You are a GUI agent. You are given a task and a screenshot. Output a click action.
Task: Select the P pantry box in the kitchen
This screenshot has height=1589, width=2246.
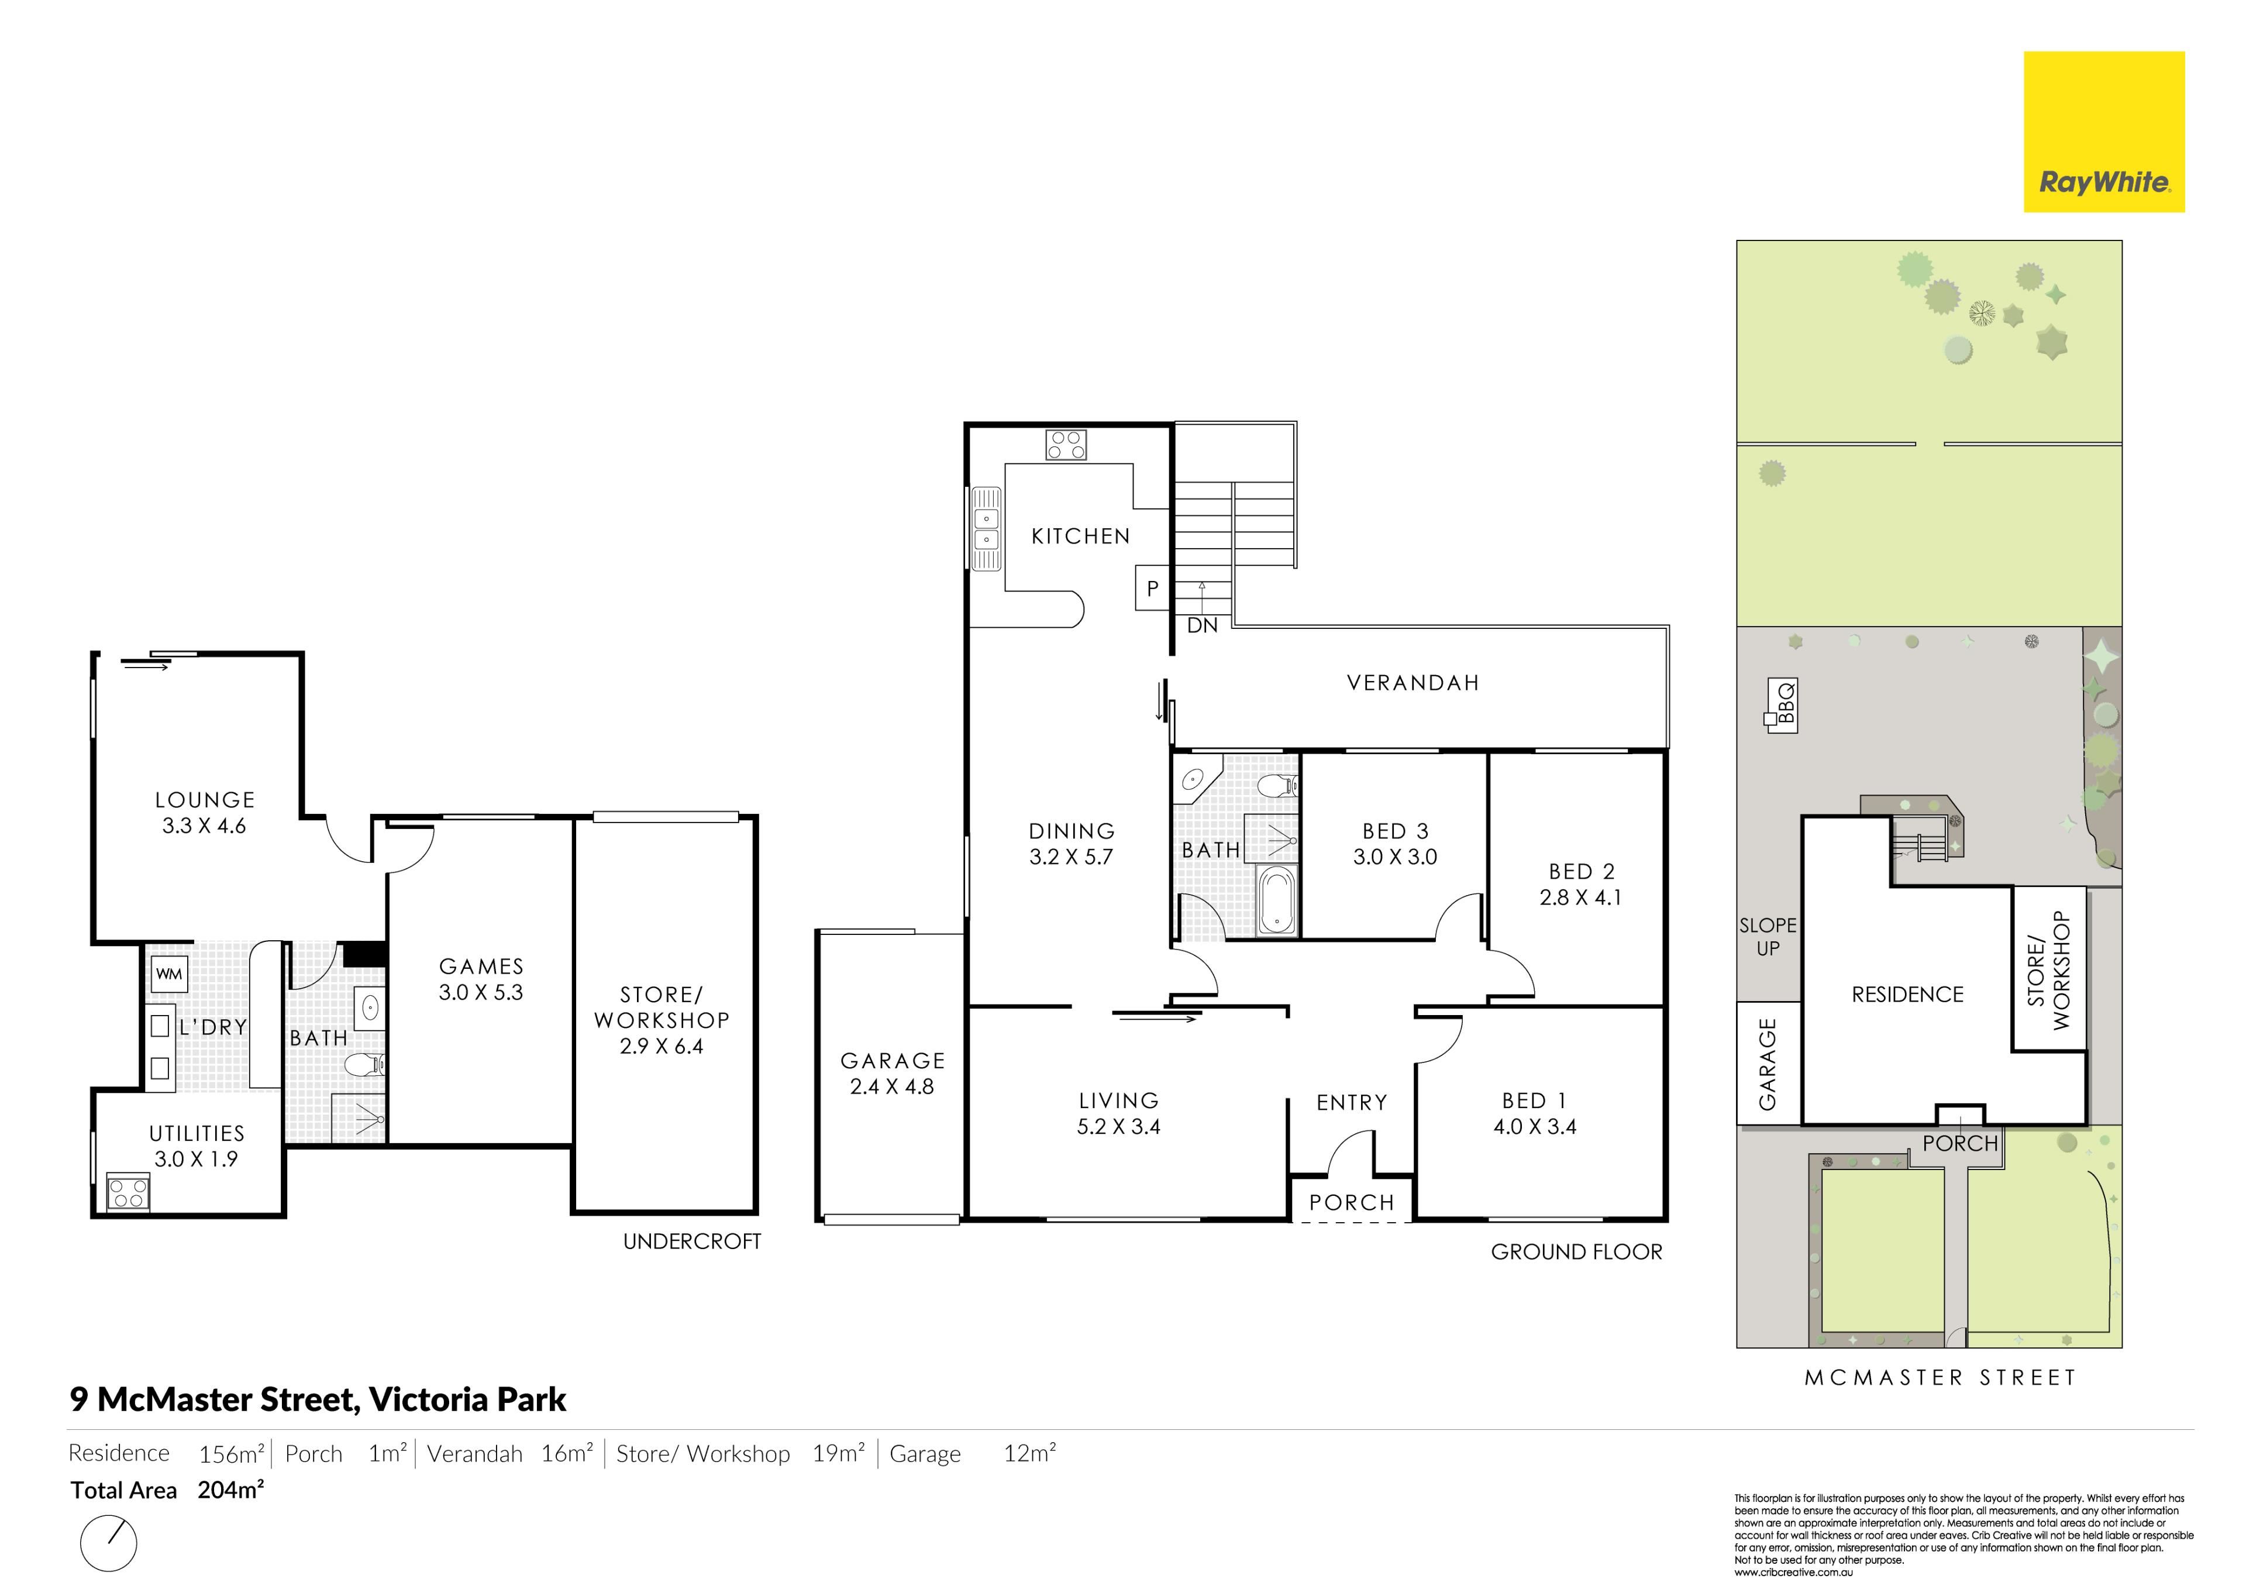pos(1152,588)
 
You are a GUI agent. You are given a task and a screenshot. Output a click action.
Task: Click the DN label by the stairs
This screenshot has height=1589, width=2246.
pos(1202,626)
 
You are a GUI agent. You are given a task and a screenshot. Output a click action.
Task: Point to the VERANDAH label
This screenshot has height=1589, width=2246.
pos(1413,683)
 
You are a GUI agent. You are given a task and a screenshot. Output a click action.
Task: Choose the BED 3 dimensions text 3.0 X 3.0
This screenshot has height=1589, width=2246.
pos(1395,857)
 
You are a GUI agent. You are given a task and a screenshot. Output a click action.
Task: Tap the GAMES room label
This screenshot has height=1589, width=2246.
pos(481,967)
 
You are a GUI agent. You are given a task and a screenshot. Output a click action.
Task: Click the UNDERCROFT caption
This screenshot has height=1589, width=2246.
pos(691,1241)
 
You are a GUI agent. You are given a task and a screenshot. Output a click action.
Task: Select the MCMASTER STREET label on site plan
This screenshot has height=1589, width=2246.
pos(1941,1378)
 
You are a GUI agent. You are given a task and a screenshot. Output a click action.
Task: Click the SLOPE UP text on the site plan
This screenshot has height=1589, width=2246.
pos(1768,936)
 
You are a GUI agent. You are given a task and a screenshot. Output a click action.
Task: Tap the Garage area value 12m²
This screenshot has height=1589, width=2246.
pos(1029,1453)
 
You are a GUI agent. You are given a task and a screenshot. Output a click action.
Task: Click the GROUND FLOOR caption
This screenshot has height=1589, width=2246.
pos(1576,1253)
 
